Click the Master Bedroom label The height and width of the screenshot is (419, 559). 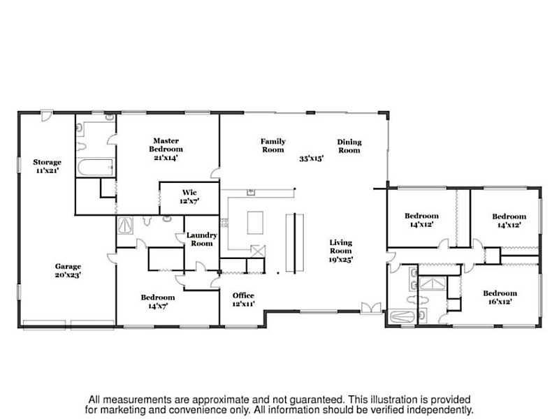pyautogui.click(x=166, y=149)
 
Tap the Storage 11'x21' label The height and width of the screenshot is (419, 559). pyautogui.click(x=47, y=166)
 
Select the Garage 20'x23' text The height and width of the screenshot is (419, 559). pyautogui.click(x=68, y=270)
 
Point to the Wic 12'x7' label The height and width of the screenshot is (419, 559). pyautogui.click(x=189, y=197)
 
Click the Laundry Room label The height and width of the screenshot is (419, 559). pyautogui.click(x=202, y=239)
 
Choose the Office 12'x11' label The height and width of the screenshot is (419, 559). pyautogui.click(x=243, y=300)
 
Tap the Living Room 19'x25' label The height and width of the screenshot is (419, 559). pyautogui.click(x=340, y=251)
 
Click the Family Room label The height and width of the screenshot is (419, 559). pyautogui.click(x=273, y=145)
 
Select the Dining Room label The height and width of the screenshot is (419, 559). pyautogui.click(x=349, y=146)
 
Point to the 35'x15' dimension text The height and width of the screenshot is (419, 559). pyautogui.click(x=311, y=159)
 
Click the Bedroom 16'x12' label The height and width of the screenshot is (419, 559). pyautogui.click(x=500, y=297)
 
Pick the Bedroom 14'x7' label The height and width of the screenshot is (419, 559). pyautogui.click(x=158, y=302)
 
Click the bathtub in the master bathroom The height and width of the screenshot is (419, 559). pyautogui.click(x=96, y=167)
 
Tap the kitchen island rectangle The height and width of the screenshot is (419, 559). pyautogui.click(x=255, y=223)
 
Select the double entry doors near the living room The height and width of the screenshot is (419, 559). pyautogui.click(x=371, y=308)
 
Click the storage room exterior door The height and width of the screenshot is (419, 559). pyautogui.click(x=47, y=115)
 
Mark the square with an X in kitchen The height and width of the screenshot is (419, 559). pyautogui.click(x=258, y=251)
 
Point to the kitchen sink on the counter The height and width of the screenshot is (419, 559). pyautogui.click(x=251, y=192)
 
